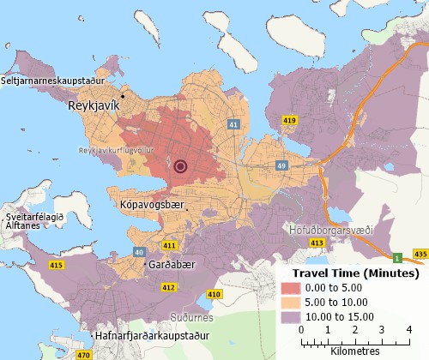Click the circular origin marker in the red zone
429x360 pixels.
[180, 166]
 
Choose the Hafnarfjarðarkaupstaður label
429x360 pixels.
[154, 335]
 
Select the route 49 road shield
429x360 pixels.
[281, 165]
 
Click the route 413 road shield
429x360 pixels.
[317, 244]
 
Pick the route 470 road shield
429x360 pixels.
[83, 354]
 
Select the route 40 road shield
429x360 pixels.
[139, 253]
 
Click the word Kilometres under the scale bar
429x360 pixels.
[354, 350]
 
